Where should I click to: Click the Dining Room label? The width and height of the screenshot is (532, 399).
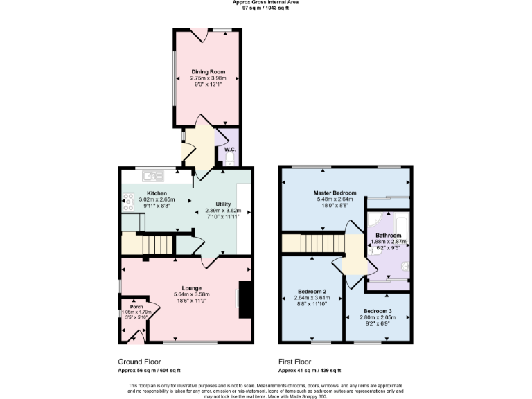tap(209, 71)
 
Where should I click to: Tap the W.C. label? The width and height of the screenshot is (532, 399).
tap(230, 149)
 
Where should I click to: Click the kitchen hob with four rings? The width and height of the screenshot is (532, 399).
tap(128, 202)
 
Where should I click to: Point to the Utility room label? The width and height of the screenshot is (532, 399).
tap(223, 204)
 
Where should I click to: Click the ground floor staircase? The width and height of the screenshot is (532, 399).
tap(156, 244)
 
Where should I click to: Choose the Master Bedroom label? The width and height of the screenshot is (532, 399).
tap(335, 192)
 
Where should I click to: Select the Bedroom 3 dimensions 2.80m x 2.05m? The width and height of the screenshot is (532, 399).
tap(377, 317)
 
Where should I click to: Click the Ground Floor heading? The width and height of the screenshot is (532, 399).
tap(140, 362)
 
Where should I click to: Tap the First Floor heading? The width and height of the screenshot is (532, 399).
tap(295, 362)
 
